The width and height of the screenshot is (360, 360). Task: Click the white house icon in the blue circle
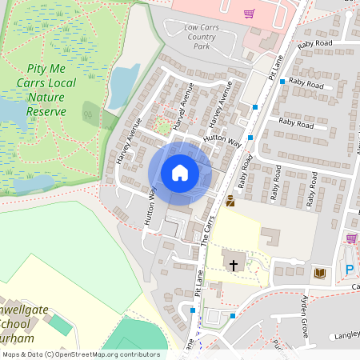[x=180, y=173]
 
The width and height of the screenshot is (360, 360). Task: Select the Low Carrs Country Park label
[x=201, y=37]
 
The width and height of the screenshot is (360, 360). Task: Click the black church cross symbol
[x=234, y=264]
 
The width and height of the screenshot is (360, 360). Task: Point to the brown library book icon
[x=321, y=274]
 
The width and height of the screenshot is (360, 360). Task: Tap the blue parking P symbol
[x=350, y=270]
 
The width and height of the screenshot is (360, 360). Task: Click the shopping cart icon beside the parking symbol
[x=350, y=238]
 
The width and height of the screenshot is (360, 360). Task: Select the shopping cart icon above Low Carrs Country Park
[x=250, y=13]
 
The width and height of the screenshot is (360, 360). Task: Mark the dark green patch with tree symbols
[x=88, y=112]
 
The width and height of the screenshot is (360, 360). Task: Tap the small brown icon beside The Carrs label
[x=230, y=202]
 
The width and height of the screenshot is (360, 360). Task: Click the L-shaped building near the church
[x=270, y=237]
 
